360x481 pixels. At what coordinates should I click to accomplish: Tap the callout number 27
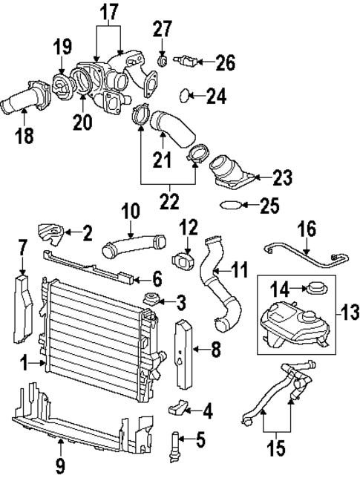162,30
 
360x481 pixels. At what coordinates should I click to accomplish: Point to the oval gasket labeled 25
233,206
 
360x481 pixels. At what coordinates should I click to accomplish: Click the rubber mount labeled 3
154,300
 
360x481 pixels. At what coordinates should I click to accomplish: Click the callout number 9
60,466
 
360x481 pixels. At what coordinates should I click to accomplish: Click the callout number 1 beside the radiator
24,364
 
